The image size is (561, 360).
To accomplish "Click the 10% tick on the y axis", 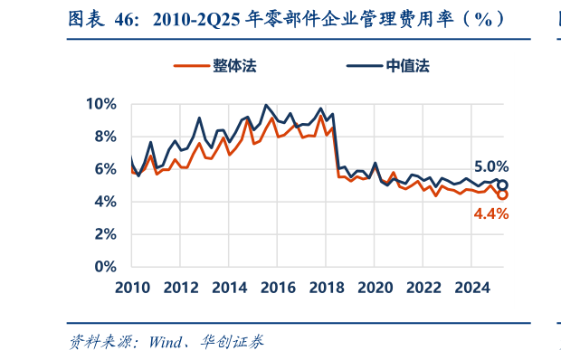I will [101, 104].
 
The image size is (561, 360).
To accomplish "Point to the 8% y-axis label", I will [105, 137].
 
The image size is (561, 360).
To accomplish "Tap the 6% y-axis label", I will [105, 169].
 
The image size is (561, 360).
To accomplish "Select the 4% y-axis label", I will [105, 202].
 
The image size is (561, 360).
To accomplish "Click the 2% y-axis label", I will [105, 234].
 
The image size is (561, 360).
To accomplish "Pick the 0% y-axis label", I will [105, 267].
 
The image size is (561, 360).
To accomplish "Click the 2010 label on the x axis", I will [131, 288].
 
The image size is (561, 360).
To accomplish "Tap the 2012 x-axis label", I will [181, 288].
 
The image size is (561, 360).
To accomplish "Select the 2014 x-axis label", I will [231, 288].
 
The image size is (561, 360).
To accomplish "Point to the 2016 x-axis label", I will [280, 288].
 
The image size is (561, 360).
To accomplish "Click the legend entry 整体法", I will [233, 67].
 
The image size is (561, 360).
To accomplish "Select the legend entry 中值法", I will [407, 67].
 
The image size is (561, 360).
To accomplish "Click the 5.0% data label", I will [491, 166].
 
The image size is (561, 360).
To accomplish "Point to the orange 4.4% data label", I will [491, 213].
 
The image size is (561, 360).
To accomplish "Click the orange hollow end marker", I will [502, 194].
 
